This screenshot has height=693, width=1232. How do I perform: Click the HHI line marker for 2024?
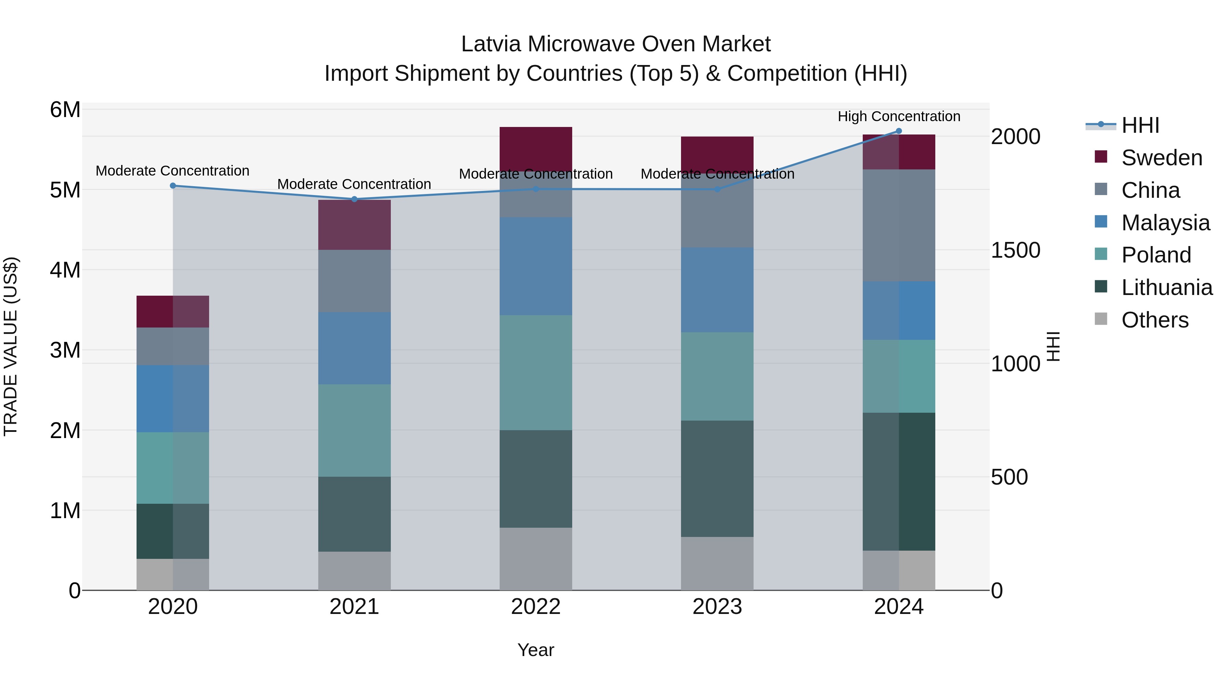click(899, 131)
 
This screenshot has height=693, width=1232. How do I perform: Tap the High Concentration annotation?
click(899, 116)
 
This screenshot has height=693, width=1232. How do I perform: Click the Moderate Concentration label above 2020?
click(173, 171)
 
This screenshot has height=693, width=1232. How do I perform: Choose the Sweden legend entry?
click(1161, 158)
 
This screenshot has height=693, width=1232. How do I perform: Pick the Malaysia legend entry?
click(1165, 223)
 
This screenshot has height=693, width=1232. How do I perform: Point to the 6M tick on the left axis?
click(65, 110)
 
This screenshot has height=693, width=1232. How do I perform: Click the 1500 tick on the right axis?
click(1015, 250)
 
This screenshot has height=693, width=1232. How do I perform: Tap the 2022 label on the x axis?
click(536, 607)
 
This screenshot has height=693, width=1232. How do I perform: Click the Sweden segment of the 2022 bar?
click(536, 146)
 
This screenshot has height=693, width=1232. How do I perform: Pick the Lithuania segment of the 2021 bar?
click(355, 514)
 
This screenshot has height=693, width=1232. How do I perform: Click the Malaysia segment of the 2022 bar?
click(536, 266)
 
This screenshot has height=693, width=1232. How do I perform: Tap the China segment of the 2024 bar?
click(899, 225)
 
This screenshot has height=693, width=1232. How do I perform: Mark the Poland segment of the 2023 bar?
click(717, 376)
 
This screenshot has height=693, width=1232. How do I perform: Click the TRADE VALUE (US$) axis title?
click(11, 346)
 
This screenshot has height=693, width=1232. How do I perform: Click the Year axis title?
click(536, 650)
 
